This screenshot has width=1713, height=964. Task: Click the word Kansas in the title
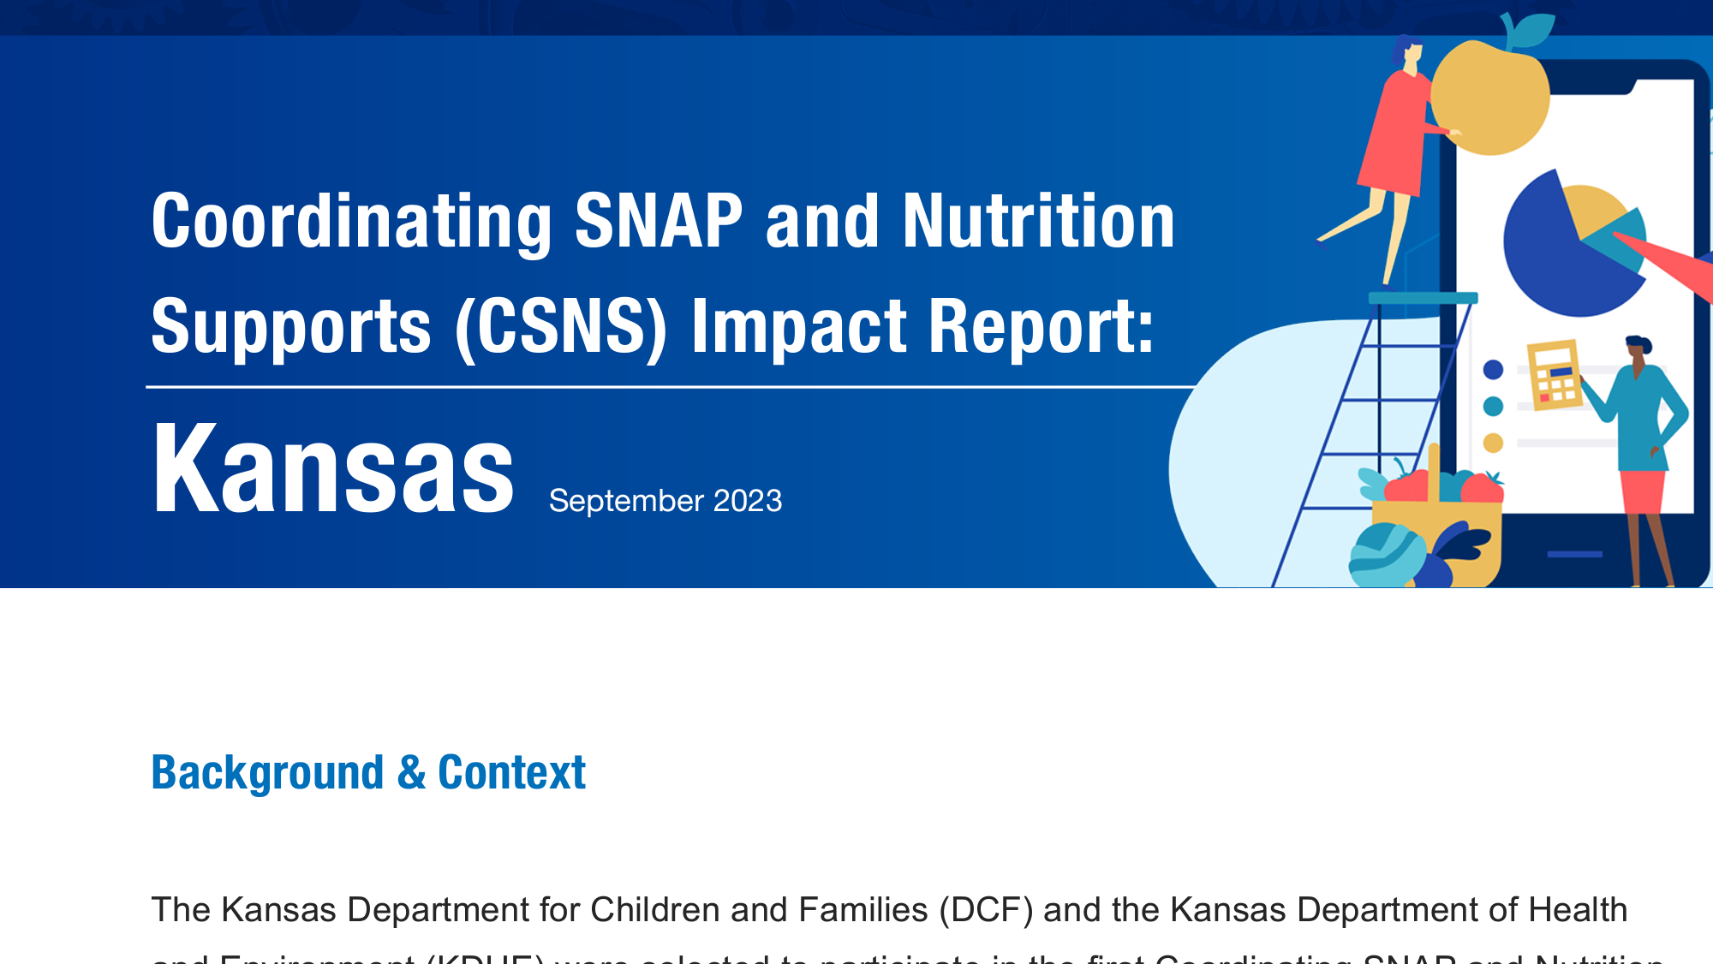tap(332, 470)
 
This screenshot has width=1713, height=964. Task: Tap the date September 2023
tap(665, 501)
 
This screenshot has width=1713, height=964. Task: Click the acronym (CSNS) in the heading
tap(561, 326)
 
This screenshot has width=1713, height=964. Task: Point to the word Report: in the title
tap(1042, 326)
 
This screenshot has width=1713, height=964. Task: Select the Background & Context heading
tap(368, 772)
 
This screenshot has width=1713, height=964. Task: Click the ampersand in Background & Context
tap(411, 772)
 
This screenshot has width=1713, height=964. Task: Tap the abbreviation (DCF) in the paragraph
tap(985, 910)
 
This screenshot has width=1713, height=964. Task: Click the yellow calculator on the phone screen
tap(1554, 374)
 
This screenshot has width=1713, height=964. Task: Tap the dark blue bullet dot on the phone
tap(1493, 370)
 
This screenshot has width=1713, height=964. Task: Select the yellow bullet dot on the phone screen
tap(1493, 443)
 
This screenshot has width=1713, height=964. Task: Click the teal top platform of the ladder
tap(1422, 298)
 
